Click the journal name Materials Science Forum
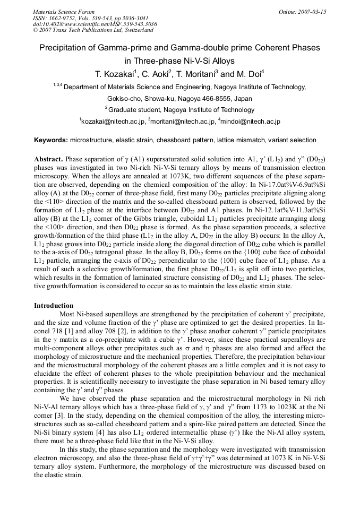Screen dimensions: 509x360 (x=64, y=12)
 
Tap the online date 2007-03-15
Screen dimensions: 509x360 (x=313, y=12)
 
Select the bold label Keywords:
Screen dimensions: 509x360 (x=51, y=140)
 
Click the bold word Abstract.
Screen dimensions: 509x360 (x=48, y=159)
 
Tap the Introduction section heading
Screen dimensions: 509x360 (x=54, y=306)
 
